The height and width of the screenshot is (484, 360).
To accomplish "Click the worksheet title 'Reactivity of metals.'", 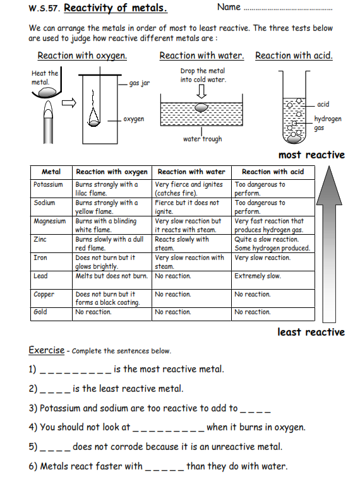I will click(x=116, y=8).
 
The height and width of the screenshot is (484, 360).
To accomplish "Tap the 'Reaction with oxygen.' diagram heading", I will click(x=82, y=56).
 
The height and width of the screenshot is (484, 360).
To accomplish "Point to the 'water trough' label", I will click(x=202, y=139).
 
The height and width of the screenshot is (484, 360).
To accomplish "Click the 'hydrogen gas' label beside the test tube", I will click(x=328, y=123).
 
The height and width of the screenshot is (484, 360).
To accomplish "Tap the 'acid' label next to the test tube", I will click(x=323, y=104).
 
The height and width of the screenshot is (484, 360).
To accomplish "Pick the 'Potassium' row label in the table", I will click(x=49, y=185).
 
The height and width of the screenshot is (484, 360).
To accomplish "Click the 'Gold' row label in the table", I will click(x=40, y=312).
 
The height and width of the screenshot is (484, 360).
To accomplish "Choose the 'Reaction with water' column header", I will click(x=191, y=172).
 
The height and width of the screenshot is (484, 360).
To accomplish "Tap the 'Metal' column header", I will click(x=51, y=172).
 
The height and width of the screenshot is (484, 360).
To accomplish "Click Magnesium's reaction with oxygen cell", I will click(x=111, y=225).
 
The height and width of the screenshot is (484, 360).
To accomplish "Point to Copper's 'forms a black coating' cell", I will click(x=111, y=298).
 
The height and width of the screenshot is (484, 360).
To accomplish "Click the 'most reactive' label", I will click(x=311, y=155).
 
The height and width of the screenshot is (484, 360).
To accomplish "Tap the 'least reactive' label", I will click(x=311, y=332).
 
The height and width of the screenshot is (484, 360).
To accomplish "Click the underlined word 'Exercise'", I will click(x=46, y=350).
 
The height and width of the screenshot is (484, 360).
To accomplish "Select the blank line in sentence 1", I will click(x=75, y=370).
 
